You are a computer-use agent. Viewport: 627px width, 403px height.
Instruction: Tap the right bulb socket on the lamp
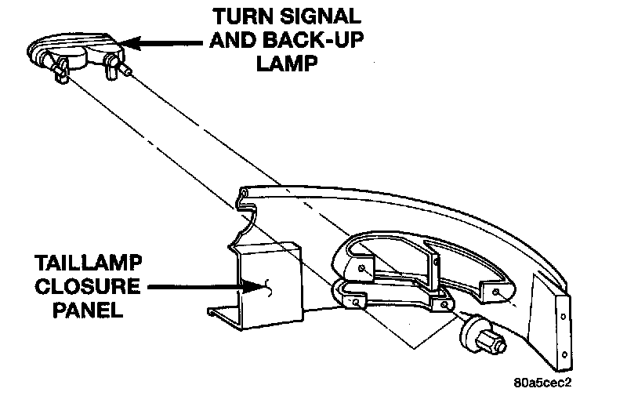click(x=114, y=64)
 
